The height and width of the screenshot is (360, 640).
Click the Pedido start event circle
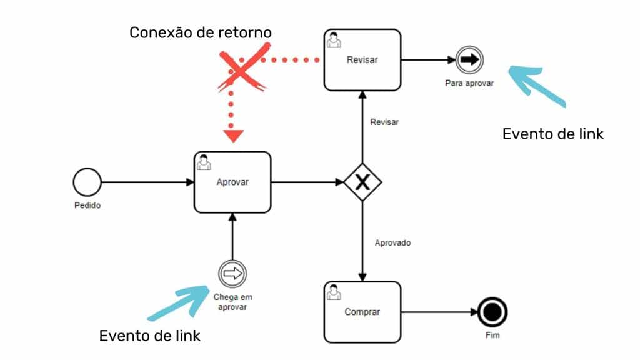[86, 182]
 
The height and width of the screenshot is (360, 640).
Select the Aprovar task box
[232, 182]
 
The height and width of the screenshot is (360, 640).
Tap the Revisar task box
[362, 60]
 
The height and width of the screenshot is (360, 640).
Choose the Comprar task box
[362, 311]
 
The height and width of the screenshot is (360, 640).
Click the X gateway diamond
[362, 182]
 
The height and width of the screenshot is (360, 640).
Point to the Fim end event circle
[492, 312]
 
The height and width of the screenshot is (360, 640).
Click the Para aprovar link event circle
[469, 60]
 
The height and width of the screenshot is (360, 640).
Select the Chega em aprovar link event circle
[232, 274]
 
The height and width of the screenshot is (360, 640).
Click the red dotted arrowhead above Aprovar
[232, 134]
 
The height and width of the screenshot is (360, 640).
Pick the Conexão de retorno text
[201, 32]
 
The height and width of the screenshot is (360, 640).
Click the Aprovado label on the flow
[392, 242]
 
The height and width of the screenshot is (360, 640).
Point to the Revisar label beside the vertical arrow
[384, 122]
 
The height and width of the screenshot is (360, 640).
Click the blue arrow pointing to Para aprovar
[536, 87]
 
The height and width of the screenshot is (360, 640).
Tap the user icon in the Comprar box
[334, 291]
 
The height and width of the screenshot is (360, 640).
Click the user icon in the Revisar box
[334, 39]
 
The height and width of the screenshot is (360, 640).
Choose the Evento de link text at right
[553, 134]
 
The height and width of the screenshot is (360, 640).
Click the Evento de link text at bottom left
[150, 336]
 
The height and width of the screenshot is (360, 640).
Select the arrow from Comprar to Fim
[438, 312]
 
